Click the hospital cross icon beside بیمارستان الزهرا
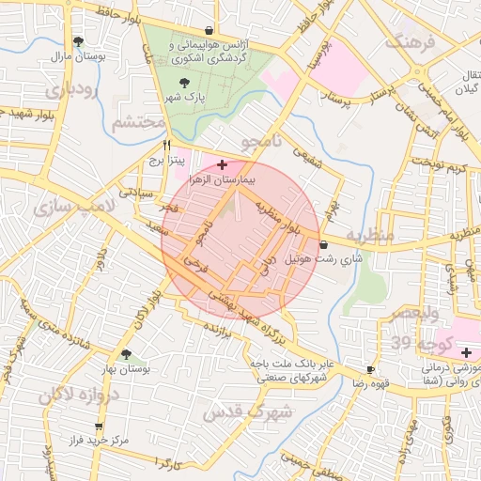point(221,164)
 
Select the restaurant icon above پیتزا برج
point(167,146)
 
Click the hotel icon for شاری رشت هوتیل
point(324,244)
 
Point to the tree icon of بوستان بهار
point(126,354)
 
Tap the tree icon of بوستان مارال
point(78,41)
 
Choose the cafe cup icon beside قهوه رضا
point(370,370)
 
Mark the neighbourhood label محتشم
point(138,122)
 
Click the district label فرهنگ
point(413,42)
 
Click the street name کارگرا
point(169,464)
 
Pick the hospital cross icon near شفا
point(467,352)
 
